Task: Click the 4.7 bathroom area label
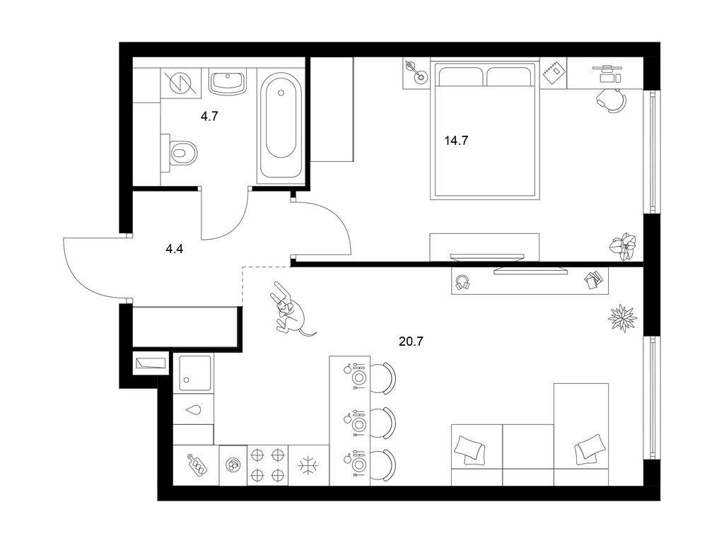tap(209, 117)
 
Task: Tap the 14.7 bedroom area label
tap(456, 141)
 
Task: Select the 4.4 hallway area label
tap(175, 250)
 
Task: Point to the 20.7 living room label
tap(411, 341)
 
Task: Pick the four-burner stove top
tap(267, 465)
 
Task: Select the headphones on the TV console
tap(462, 281)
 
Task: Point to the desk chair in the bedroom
tap(612, 100)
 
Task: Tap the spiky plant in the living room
tap(622, 318)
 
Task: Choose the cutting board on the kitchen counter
tap(197, 465)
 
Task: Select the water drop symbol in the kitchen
tap(194, 409)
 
